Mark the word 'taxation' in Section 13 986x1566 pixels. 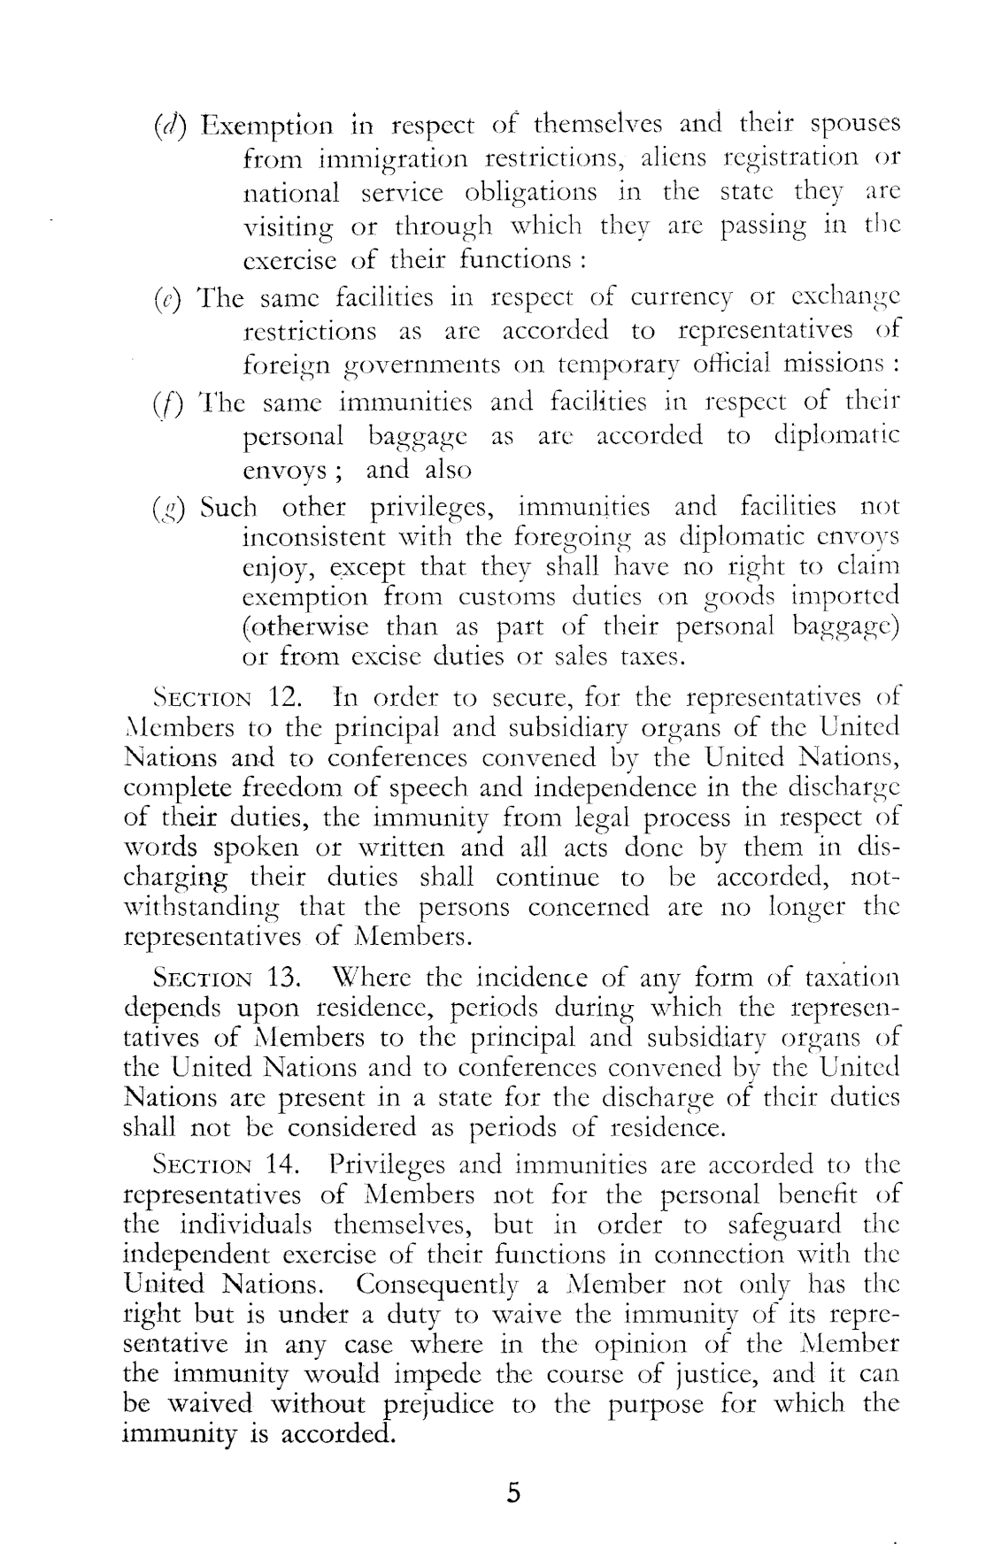click(850, 979)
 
